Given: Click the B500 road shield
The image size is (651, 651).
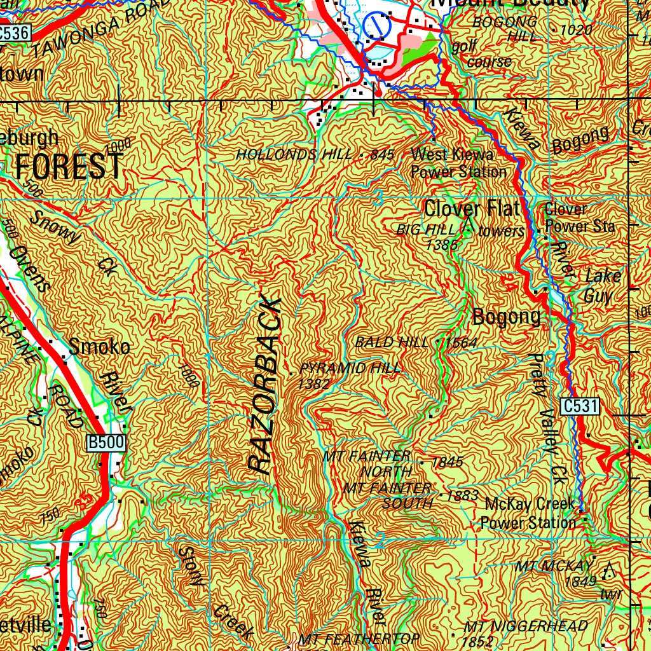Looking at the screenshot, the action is coord(107,443).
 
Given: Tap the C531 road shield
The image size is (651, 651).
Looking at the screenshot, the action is coord(580,406).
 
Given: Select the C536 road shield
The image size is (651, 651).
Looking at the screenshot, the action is coord(14,34).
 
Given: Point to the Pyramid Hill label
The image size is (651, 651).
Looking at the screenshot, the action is coord(350,369).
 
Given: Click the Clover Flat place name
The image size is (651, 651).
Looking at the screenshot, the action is coord(472,209).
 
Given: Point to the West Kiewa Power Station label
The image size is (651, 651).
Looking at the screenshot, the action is coord(458,163).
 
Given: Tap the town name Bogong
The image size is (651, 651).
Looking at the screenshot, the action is coord(506,317).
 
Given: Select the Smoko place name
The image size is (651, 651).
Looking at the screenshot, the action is coord(100,347).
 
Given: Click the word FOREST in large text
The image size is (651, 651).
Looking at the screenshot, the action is coord(69,167).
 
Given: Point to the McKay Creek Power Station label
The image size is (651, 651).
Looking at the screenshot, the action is coord(530,514).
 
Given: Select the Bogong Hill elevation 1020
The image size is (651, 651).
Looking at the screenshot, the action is coord(577,30).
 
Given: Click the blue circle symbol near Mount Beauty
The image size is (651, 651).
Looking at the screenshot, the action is coord(378,26).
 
